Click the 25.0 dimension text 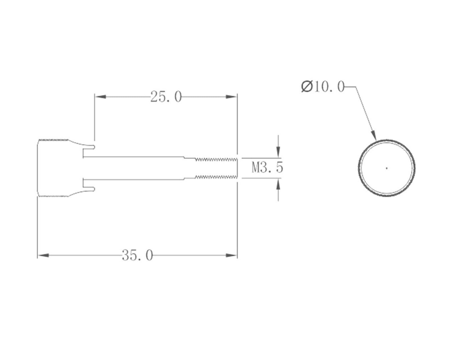coord(166,97)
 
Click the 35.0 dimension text coord(137,255)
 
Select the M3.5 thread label coord(267,168)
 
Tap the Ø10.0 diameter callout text coord(323,87)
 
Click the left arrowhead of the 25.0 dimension coord(100,97)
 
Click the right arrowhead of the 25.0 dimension coord(231,97)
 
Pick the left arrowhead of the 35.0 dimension coord(43,255)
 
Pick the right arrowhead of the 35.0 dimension coord(231,255)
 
